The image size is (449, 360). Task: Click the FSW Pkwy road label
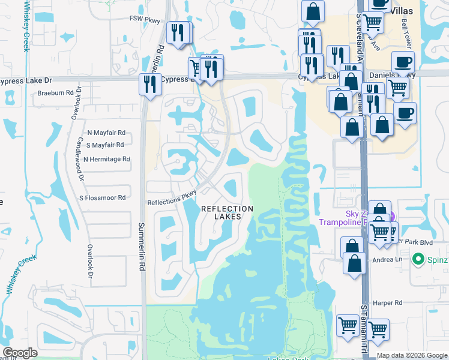click(x=145, y=20)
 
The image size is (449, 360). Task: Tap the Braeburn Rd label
click(x=51, y=93)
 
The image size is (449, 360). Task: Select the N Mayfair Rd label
click(x=106, y=133)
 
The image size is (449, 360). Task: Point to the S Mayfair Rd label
click(x=105, y=145)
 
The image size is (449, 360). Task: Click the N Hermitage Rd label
click(x=106, y=159)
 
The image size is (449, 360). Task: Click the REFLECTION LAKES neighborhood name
click(x=226, y=212)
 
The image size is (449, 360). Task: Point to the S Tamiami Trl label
click(x=363, y=324)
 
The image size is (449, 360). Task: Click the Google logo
click(x=20, y=353)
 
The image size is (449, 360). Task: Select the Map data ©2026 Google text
click(x=412, y=355)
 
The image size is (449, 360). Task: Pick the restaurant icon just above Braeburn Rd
click(x=148, y=83)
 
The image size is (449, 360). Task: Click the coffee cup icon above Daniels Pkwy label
click(x=403, y=61)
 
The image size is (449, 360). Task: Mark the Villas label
click(x=405, y=10)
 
